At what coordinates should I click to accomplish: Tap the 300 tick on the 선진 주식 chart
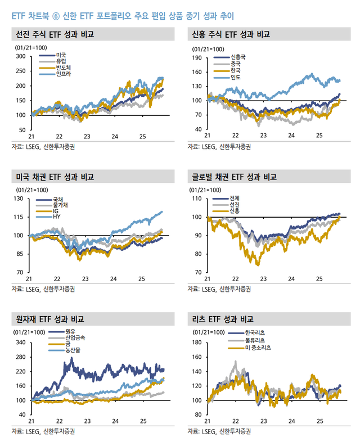(20, 56)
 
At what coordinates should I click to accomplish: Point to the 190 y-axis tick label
(197, 57)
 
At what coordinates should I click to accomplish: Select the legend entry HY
(57, 217)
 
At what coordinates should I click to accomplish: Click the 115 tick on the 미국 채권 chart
(20, 217)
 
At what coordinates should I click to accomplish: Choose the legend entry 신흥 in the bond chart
(235, 210)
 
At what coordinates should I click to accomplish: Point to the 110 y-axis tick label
(197, 199)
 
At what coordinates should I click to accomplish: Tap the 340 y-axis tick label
(20, 343)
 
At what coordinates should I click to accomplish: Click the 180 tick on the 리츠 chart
(197, 343)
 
